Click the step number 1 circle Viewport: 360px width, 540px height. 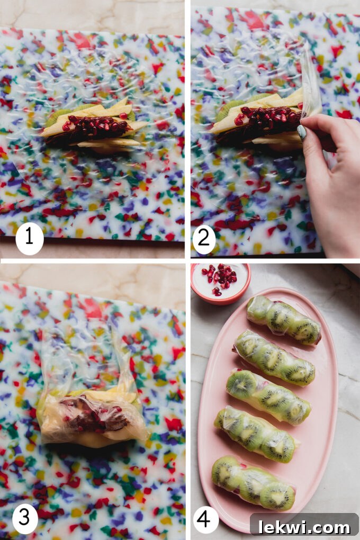tap(29, 237)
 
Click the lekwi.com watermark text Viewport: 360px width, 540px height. tap(304, 526)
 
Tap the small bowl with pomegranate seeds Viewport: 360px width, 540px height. tap(221, 282)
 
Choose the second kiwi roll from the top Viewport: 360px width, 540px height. tap(274, 357)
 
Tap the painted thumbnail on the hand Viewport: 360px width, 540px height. tap(302, 132)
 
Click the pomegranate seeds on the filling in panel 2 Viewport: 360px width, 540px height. tap(267, 118)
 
